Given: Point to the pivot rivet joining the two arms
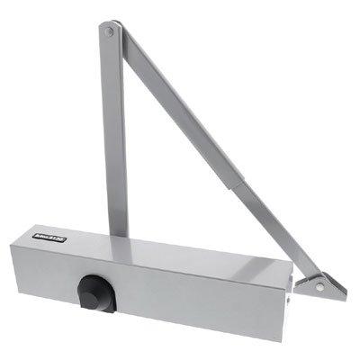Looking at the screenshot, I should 110,33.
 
